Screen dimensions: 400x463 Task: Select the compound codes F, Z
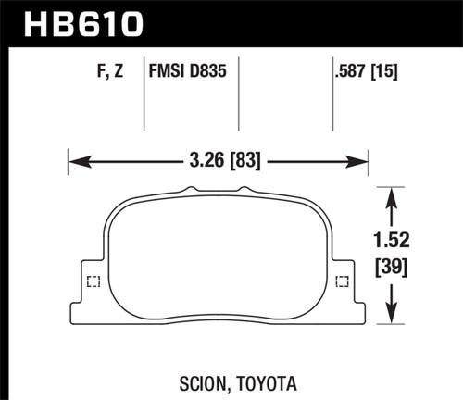(107, 70)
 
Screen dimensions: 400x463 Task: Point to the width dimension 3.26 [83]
(219, 162)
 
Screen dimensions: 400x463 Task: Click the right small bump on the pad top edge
(244, 190)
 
